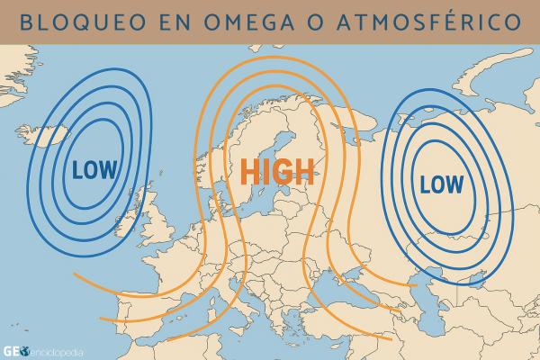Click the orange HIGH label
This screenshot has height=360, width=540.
pos(276,171)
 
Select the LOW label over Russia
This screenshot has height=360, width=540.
pos(441,184)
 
